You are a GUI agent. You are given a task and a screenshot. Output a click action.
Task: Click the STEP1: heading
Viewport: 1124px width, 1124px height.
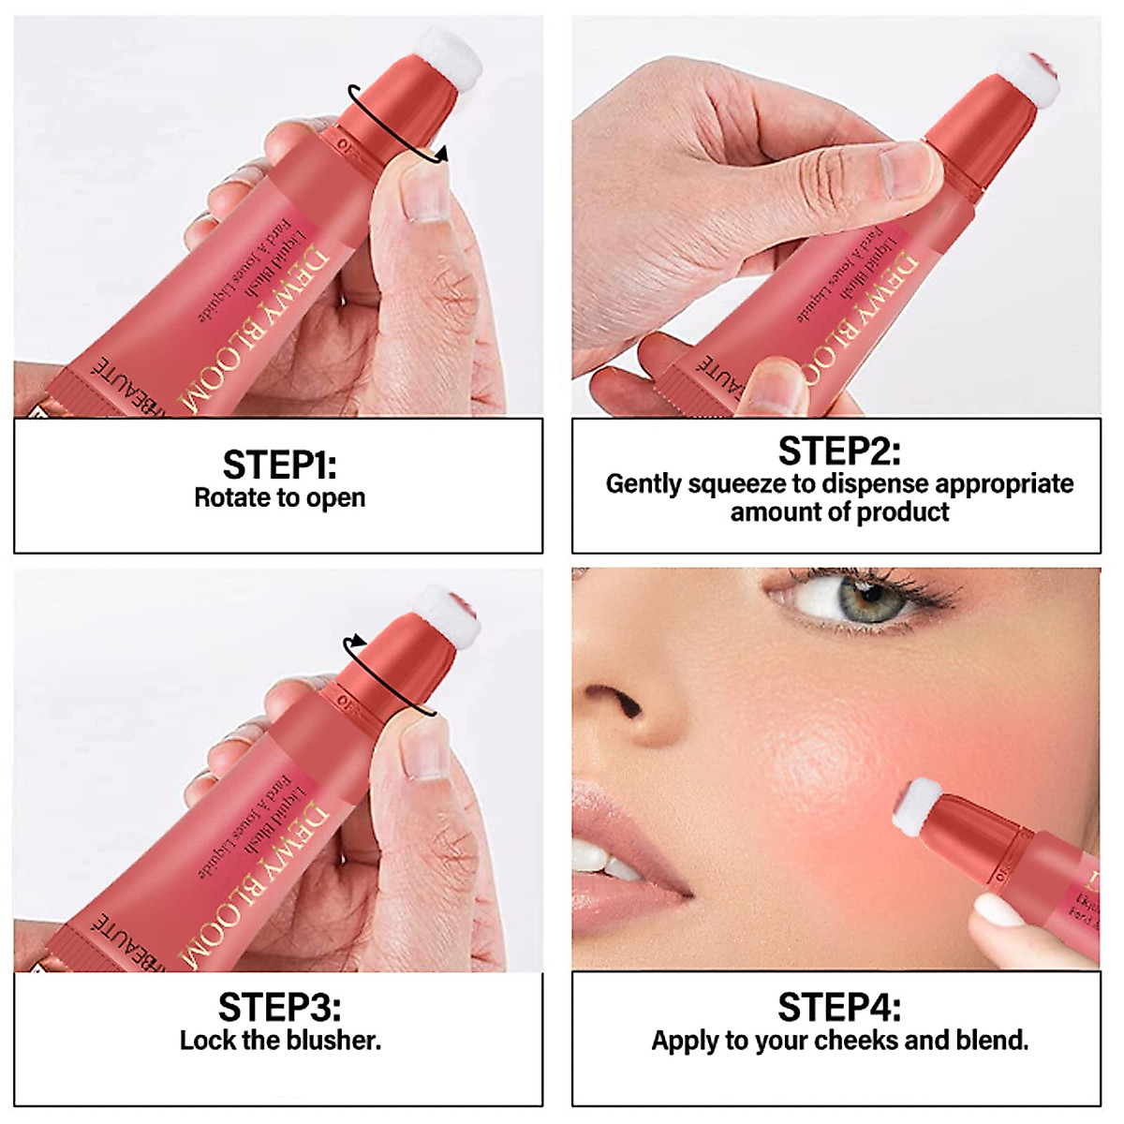[x=278, y=465]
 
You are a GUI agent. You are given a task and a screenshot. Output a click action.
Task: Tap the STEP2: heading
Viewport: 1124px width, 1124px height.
[x=839, y=451]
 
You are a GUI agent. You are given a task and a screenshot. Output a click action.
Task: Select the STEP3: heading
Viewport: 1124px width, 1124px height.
[x=279, y=1008]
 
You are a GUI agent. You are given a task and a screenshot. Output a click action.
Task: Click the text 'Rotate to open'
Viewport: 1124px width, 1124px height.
[x=279, y=497]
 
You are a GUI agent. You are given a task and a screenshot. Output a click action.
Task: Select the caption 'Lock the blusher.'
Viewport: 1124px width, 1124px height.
[x=280, y=1040]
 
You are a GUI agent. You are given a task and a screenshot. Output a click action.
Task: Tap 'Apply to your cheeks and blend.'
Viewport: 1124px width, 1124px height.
[x=839, y=1040]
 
